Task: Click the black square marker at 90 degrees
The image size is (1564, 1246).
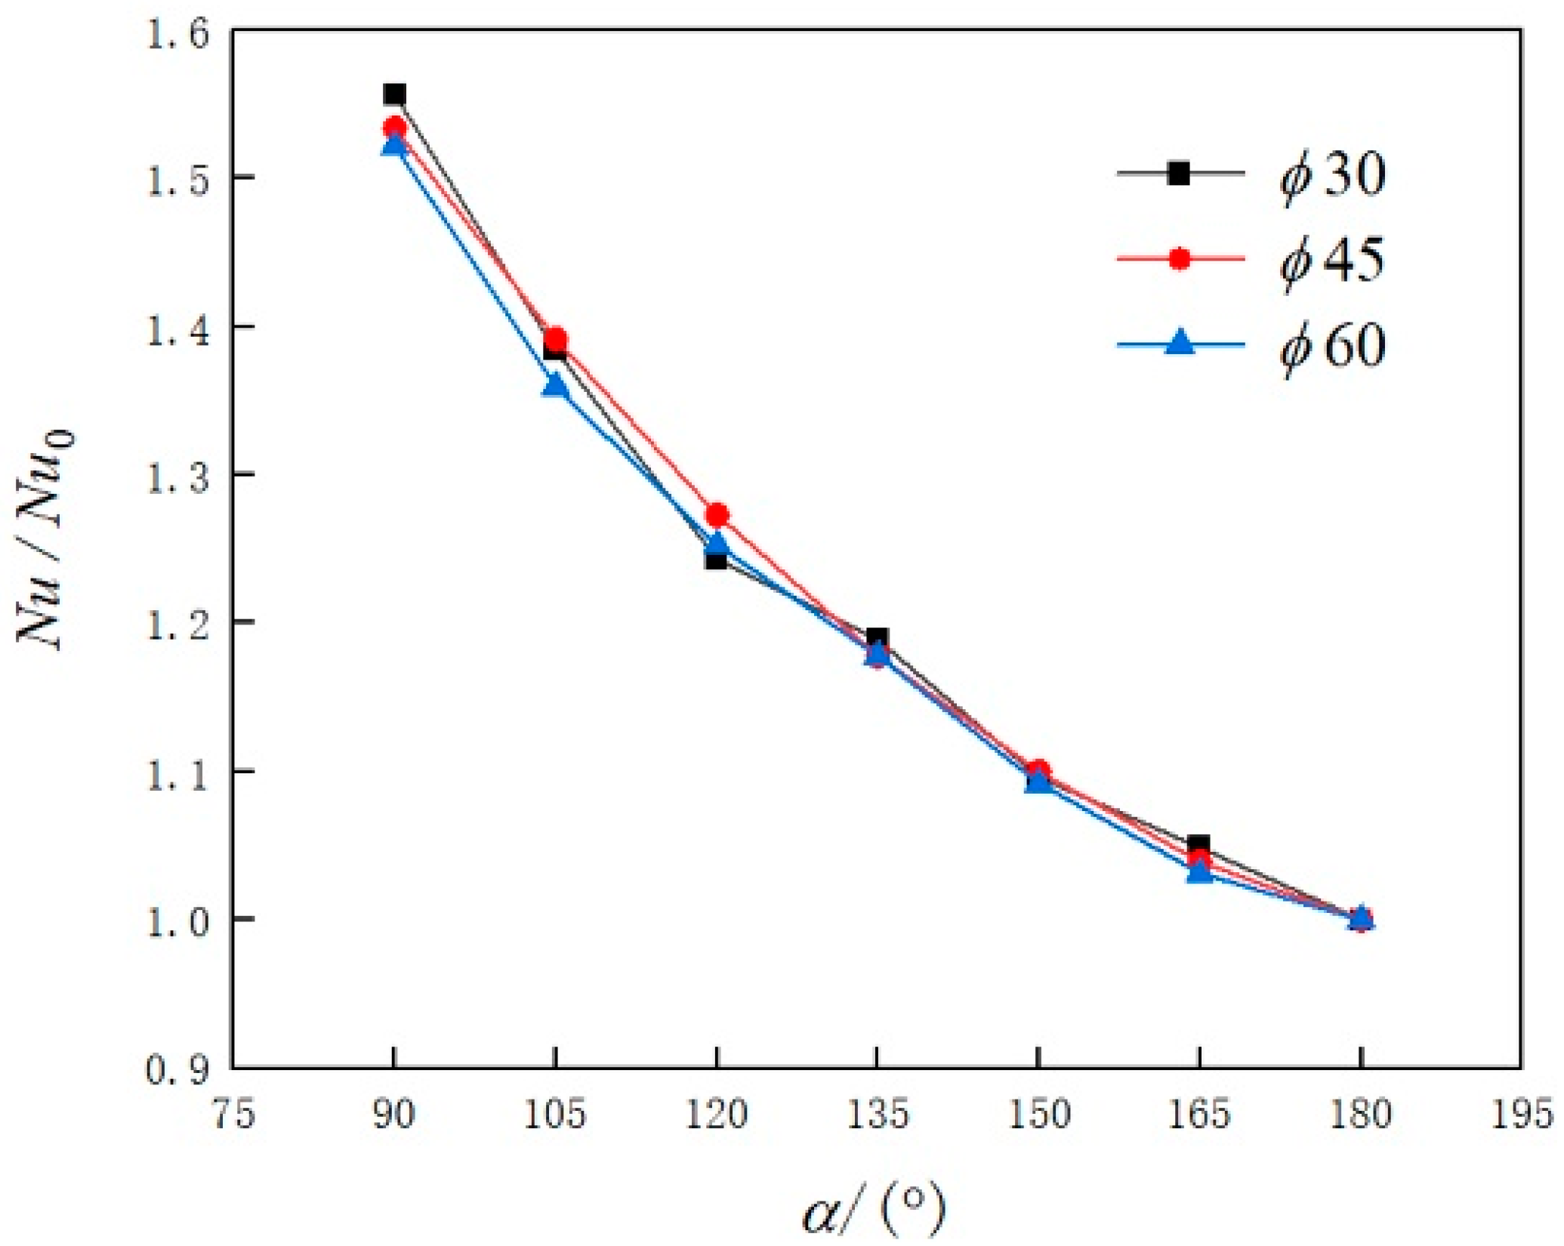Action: (394, 95)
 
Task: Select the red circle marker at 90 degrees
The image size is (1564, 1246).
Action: (394, 127)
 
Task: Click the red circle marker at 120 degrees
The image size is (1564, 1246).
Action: (717, 516)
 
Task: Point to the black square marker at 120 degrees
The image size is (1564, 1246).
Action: (716, 560)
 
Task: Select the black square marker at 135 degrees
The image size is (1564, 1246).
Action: (877, 639)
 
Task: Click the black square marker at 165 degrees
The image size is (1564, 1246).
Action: (1198, 845)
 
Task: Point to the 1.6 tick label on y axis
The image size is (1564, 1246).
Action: (177, 35)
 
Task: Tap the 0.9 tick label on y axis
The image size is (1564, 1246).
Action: (177, 1071)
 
